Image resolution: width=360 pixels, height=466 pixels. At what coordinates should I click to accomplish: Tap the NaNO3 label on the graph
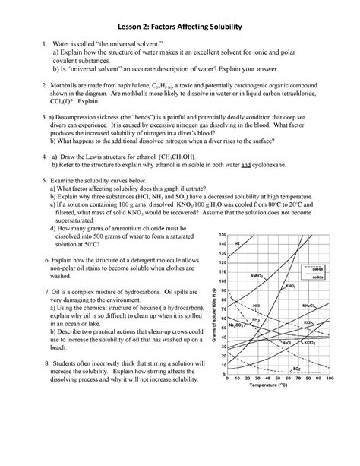[x=256, y=276]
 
